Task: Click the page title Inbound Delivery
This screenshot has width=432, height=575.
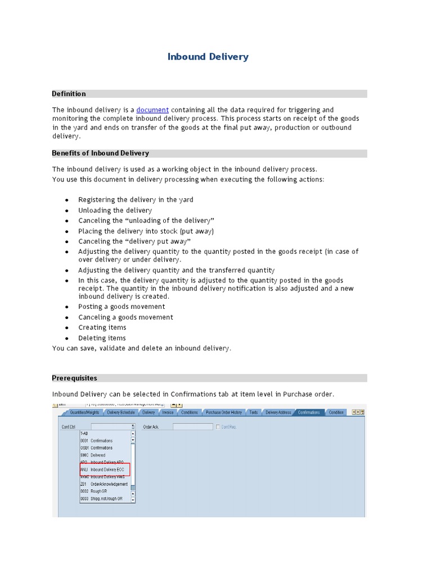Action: click(208, 57)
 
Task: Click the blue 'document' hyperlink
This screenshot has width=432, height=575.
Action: click(152, 110)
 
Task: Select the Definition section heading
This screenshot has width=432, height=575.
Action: click(69, 94)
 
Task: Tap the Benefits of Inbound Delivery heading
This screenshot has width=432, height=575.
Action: click(101, 153)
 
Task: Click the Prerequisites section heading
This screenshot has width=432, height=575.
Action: click(75, 378)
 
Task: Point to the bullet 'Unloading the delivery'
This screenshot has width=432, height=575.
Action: click(115, 211)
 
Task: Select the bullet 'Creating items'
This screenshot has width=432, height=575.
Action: click(102, 327)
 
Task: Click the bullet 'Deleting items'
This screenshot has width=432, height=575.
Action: click(102, 338)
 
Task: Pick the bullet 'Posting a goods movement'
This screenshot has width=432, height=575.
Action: click(121, 307)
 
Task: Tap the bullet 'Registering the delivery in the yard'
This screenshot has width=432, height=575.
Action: click(136, 200)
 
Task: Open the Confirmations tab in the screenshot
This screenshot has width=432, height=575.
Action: click(309, 412)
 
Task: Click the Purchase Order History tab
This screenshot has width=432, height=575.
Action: click(224, 412)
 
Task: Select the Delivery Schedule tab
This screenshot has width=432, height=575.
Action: click(121, 412)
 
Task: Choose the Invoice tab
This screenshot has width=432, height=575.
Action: click(168, 412)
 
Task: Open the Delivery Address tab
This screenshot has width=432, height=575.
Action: click(278, 412)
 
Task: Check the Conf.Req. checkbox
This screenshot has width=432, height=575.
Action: click(219, 427)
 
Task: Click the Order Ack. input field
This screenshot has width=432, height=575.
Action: click(192, 427)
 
